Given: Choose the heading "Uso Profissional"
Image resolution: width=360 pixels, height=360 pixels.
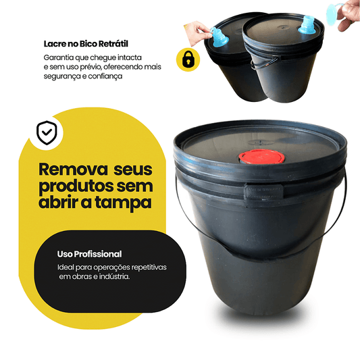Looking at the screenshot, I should pos(90,254).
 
